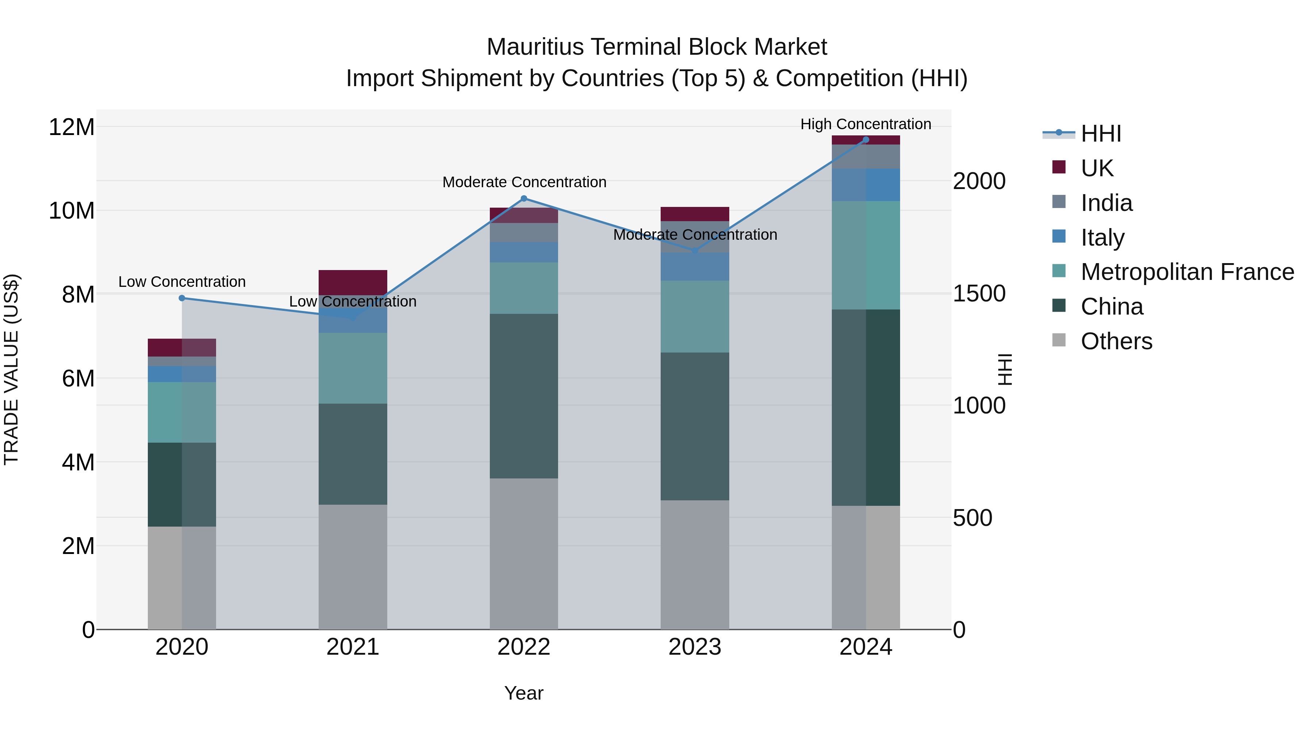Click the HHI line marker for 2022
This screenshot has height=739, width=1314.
pos(523,199)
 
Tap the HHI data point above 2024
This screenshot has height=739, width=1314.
pos(866,140)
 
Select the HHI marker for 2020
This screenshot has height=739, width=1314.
pos(182,298)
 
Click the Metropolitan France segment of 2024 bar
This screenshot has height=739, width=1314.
pos(866,255)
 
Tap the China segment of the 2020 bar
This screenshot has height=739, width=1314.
pos(182,485)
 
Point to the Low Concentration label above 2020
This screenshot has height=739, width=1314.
pos(182,281)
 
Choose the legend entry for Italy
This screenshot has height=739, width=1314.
pos(1102,237)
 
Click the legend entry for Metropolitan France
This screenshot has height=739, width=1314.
pos(1187,272)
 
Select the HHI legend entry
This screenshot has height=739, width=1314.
pos(1100,134)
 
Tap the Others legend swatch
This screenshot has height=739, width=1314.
pos(1059,340)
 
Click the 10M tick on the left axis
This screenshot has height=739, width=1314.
pos(72,211)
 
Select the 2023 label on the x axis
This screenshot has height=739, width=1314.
pos(694,647)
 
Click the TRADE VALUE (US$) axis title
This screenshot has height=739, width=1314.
pos(11,369)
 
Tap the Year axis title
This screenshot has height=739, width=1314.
pos(523,693)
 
